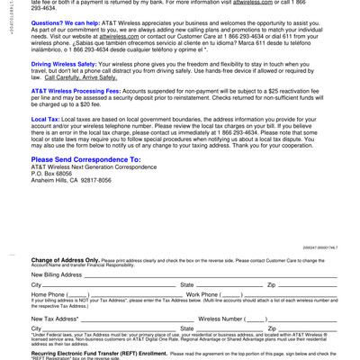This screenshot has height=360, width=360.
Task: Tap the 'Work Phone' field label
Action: tap(207, 294)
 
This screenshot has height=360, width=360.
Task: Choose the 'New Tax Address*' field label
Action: tap(55, 318)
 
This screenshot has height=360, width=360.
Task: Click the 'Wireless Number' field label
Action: tap(226, 318)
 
